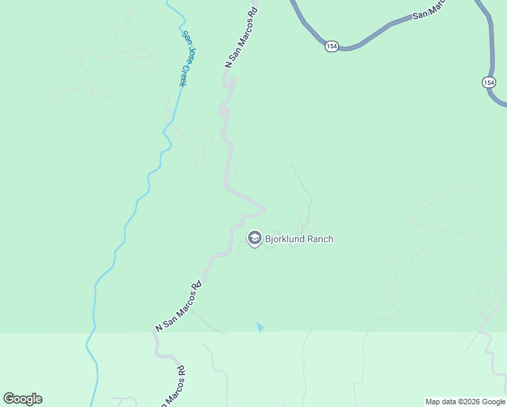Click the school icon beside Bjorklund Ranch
(x=254, y=238)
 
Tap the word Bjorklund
(x=285, y=239)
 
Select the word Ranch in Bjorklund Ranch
(x=320, y=239)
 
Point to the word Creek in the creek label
(x=183, y=75)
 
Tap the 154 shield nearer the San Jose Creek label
(x=331, y=46)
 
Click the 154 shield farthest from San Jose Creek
(x=489, y=82)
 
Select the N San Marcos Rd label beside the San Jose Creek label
(x=242, y=38)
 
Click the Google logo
(x=22, y=399)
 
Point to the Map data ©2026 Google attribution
(x=465, y=402)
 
